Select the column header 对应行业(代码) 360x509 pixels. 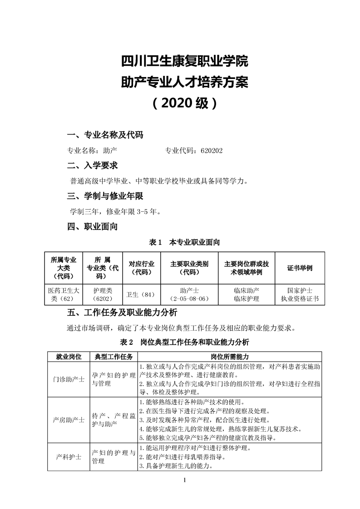click(x=142, y=268)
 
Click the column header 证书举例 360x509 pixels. click(x=300, y=268)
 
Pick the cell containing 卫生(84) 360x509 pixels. click(x=142, y=294)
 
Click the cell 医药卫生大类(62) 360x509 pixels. click(x=64, y=294)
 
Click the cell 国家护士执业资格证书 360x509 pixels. click(x=300, y=294)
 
